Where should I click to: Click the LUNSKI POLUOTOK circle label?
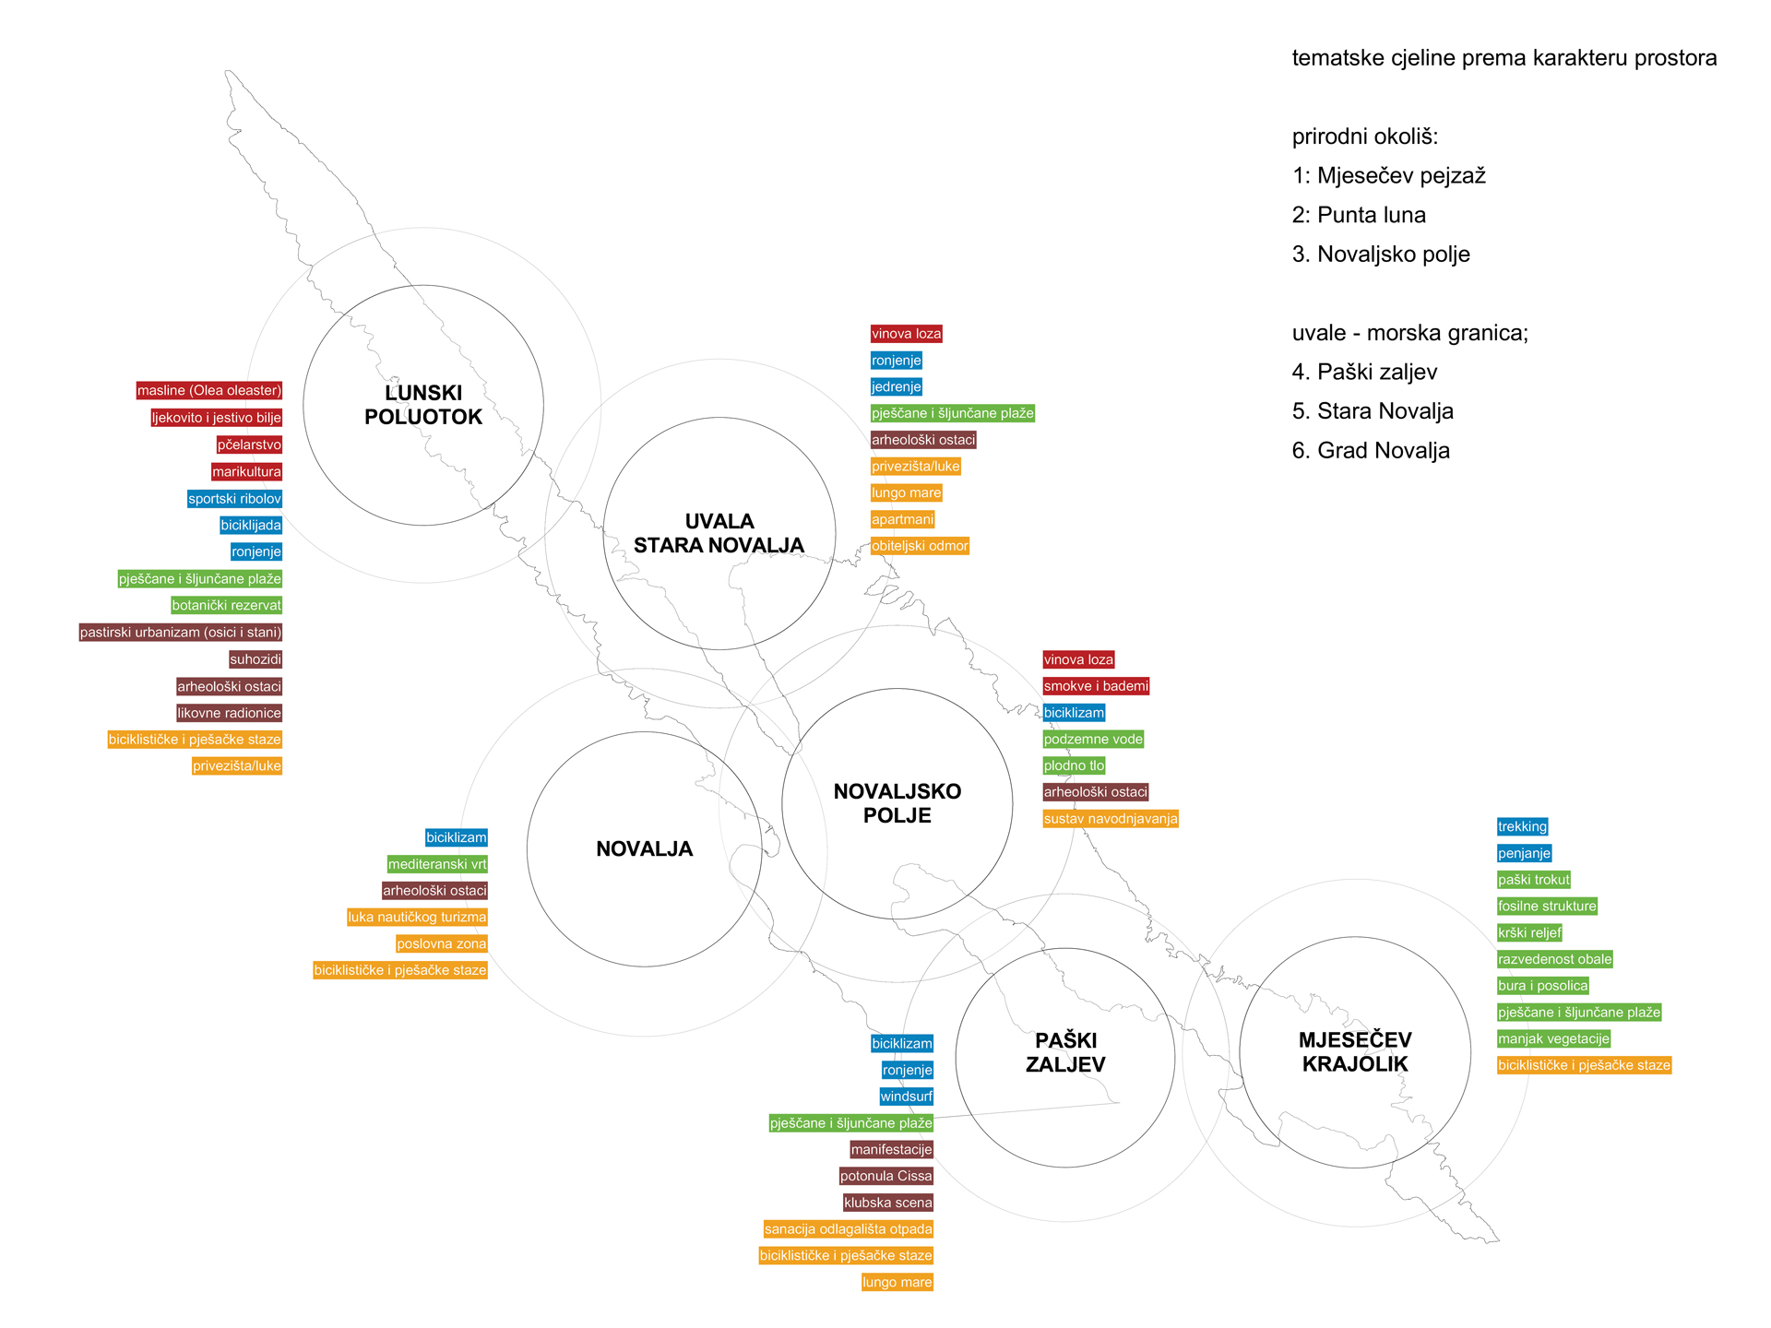[423, 405]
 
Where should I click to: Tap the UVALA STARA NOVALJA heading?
[719, 533]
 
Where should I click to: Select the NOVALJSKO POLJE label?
[897, 803]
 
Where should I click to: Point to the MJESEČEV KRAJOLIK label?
[1355, 1052]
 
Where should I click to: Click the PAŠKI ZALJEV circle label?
[1065, 1052]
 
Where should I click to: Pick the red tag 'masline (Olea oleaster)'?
[209, 391]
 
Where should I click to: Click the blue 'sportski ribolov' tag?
[234, 499]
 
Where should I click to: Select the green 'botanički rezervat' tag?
[226, 606]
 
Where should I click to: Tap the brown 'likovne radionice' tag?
[229, 713]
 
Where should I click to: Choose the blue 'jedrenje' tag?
[897, 387]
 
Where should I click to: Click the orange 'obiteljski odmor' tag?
[920, 546]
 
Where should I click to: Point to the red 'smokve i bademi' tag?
[1096, 686]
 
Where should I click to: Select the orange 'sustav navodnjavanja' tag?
[1111, 819]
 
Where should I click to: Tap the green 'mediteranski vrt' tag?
[437, 865]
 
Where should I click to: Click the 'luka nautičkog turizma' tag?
[417, 918]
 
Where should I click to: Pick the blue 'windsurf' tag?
[906, 1097]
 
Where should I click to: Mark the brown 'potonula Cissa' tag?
[885, 1177]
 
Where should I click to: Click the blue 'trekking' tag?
[1522, 827]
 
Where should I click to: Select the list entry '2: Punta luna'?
[1359, 216]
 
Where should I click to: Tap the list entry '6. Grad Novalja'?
[1371, 451]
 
